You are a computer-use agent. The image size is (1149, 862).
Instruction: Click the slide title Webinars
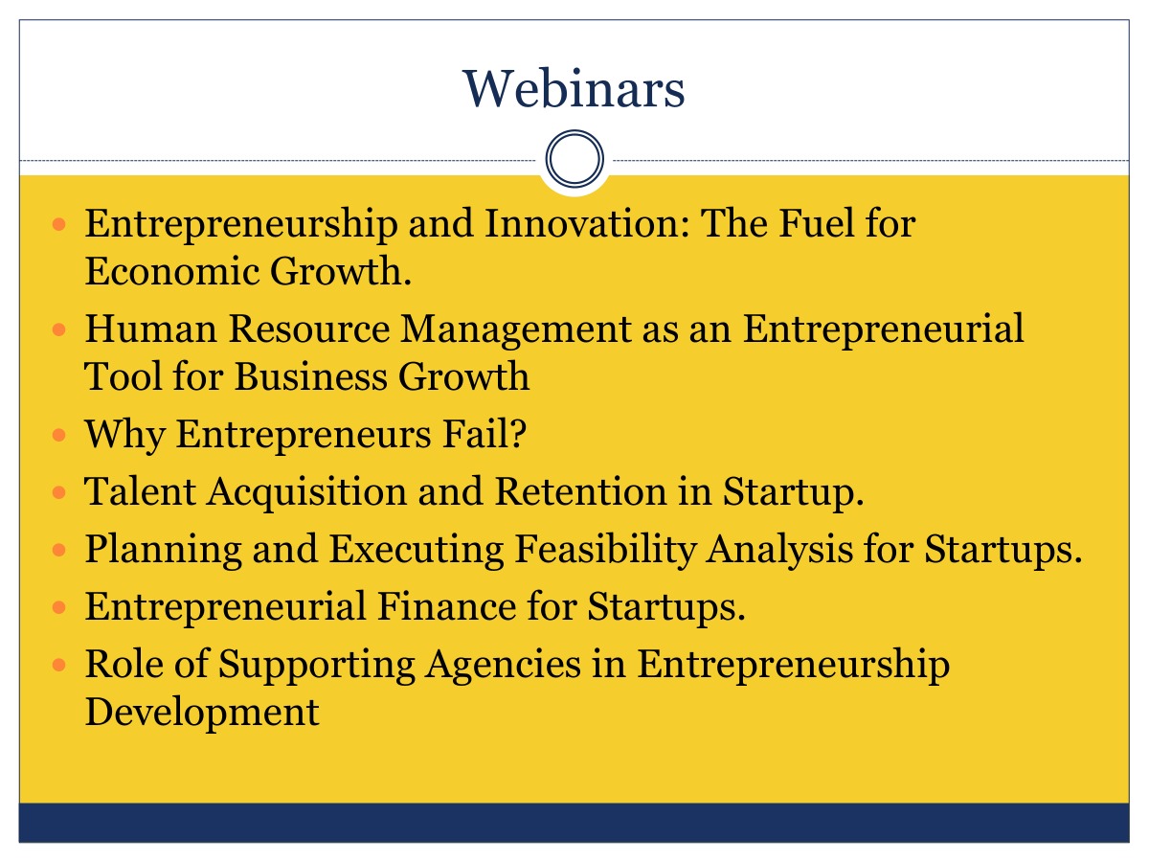[574, 89]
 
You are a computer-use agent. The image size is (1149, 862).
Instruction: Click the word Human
[150, 329]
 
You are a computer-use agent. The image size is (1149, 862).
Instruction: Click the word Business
[311, 376]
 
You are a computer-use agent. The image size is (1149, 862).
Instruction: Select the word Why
[125, 436]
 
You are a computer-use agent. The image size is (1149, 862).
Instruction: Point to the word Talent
[141, 491]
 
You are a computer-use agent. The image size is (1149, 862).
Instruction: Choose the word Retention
[580, 491]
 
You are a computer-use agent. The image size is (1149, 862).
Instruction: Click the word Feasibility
[606, 551]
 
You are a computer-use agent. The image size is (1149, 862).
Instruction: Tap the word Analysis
[779, 551]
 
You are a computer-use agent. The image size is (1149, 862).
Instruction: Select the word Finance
[446, 606]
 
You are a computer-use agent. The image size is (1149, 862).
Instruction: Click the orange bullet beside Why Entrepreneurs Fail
[59, 435]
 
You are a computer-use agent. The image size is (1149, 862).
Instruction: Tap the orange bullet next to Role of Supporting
[59, 665]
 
